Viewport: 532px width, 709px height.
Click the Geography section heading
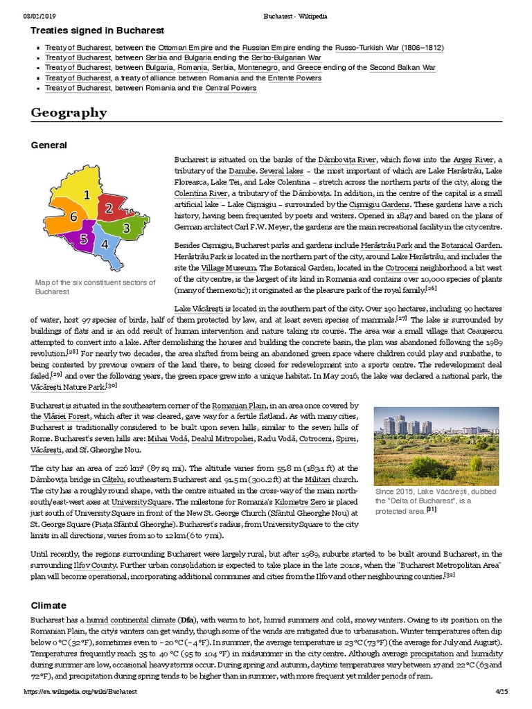tap(69, 113)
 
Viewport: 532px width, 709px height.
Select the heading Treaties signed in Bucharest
tap(97, 30)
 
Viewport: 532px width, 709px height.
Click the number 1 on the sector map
tap(87, 196)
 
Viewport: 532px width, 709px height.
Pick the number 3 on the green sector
tap(126, 228)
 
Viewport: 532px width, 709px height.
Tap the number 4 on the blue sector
tap(104, 244)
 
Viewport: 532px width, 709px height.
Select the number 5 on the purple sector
tap(83, 240)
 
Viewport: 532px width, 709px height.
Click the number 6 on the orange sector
tap(73, 217)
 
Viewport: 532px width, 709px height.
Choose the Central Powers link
tap(230, 89)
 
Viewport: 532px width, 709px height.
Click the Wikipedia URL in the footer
tap(81, 692)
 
